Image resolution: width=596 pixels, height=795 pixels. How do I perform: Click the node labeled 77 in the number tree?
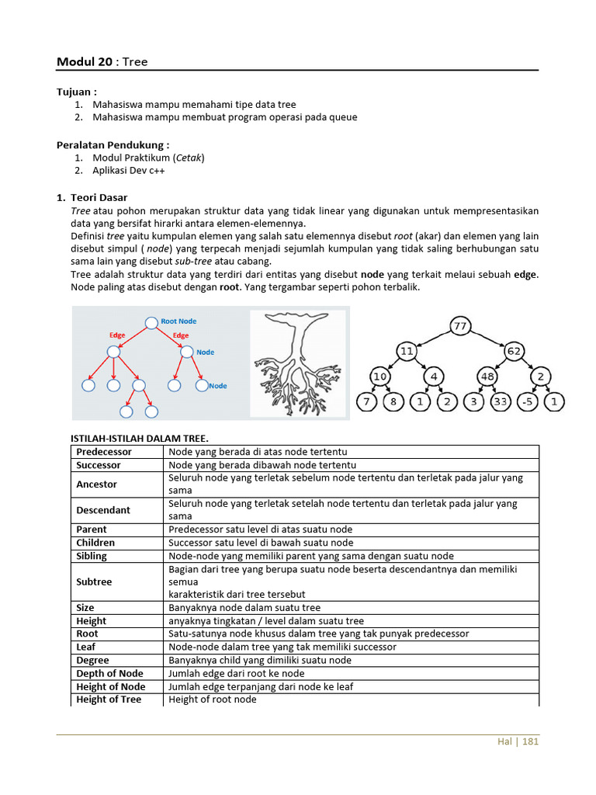(x=460, y=326)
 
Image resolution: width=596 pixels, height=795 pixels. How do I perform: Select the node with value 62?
(x=515, y=351)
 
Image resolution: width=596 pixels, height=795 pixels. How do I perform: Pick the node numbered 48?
(x=487, y=377)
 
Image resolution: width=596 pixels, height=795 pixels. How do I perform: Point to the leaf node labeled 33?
(x=501, y=402)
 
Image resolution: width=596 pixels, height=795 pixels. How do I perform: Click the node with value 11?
(x=407, y=351)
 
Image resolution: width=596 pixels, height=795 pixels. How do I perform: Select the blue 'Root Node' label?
(x=178, y=321)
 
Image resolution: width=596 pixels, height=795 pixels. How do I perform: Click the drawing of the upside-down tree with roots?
(x=299, y=363)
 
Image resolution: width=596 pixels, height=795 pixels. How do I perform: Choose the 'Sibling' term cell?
(x=92, y=556)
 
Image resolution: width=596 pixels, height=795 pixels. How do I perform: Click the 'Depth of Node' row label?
(x=109, y=674)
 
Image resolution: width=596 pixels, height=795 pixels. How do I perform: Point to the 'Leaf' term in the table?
(x=86, y=647)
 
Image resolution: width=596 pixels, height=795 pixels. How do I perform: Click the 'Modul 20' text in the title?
(x=84, y=62)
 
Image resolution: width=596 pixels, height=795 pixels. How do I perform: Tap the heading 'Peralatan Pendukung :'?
(x=113, y=144)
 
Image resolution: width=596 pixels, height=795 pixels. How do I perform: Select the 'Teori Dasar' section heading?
(x=99, y=198)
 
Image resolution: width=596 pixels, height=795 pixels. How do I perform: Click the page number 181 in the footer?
(x=530, y=741)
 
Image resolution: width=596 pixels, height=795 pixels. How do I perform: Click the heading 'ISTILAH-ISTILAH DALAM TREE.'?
(x=140, y=439)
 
